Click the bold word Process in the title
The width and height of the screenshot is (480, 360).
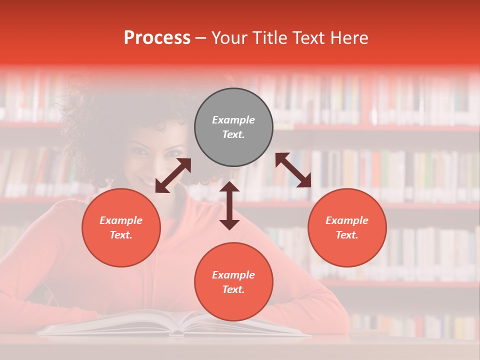(x=157, y=38)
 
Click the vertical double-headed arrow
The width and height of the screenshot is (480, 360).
(x=229, y=206)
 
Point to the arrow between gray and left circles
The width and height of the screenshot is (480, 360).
(x=173, y=175)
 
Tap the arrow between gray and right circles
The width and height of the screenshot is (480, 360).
(x=293, y=170)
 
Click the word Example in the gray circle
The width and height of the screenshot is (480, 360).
(x=233, y=120)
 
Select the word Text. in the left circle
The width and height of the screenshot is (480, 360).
(x=121, y=235)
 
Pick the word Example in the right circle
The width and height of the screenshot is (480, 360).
(x=347, y=220)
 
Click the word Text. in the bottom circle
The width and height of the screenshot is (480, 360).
(x=233, y=289)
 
